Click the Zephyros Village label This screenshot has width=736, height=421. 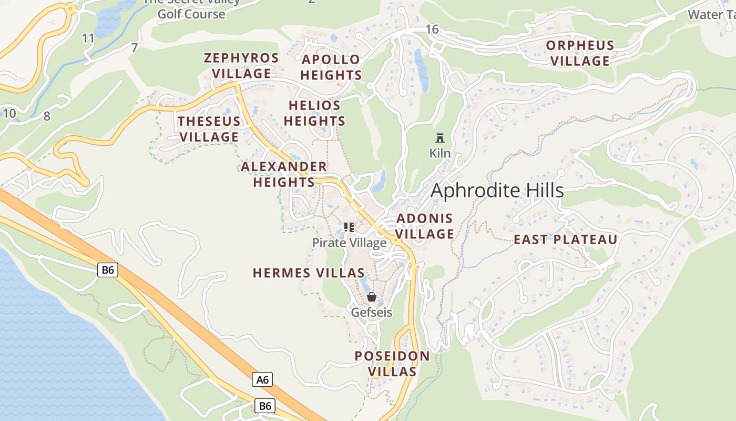pos(241,66)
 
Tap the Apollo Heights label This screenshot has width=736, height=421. pos(331,67)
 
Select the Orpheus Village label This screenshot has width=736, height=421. pos(580,53)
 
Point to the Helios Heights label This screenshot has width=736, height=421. pos(314,113)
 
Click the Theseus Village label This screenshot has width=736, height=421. pos(209,129)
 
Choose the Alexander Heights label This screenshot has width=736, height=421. pos(284,174)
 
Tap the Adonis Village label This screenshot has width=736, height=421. pos(424,226)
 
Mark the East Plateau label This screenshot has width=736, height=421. pos(565,240)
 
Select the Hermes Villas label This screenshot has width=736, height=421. pos(309,273)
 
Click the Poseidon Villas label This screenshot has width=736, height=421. pos(392,364)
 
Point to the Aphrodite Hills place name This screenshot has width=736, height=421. pos(497,191)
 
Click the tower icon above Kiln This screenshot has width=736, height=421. pos(440,138)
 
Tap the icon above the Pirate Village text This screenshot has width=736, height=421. pos(349,227)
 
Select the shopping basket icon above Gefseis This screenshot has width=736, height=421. pos(372,297)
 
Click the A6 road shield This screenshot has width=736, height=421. pos(262,379)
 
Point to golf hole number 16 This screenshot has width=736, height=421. pos(432,29)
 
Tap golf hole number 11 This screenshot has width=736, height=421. pos(88,38)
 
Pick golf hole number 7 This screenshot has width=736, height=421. pos(135,48)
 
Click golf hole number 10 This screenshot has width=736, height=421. pos(9,113)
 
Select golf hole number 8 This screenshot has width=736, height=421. pos(47,116)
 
